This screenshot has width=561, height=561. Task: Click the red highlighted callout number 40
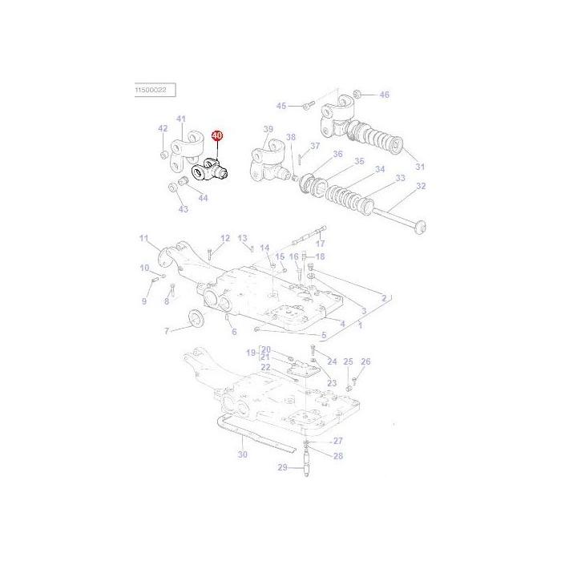(217, 138)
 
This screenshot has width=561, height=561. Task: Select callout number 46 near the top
(384, 95)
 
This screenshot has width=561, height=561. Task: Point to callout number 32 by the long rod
(422, 187)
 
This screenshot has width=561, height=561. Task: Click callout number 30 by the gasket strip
(243, 455)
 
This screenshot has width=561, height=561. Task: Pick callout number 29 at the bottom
(281, 467)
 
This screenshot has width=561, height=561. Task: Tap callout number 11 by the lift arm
(144, 238)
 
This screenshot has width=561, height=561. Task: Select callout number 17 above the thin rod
(320, 244)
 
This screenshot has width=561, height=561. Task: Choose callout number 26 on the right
(365, 362)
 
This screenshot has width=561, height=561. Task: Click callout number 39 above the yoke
(268, 129)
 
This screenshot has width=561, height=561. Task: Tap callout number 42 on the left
(163, 128)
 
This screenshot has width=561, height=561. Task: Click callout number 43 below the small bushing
(183, 209)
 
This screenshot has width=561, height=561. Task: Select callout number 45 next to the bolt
(280, 106)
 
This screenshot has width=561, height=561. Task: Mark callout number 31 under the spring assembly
(420, 167)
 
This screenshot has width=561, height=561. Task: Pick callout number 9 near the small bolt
(145, 301)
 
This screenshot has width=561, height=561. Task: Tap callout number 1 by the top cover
(360, 325)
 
